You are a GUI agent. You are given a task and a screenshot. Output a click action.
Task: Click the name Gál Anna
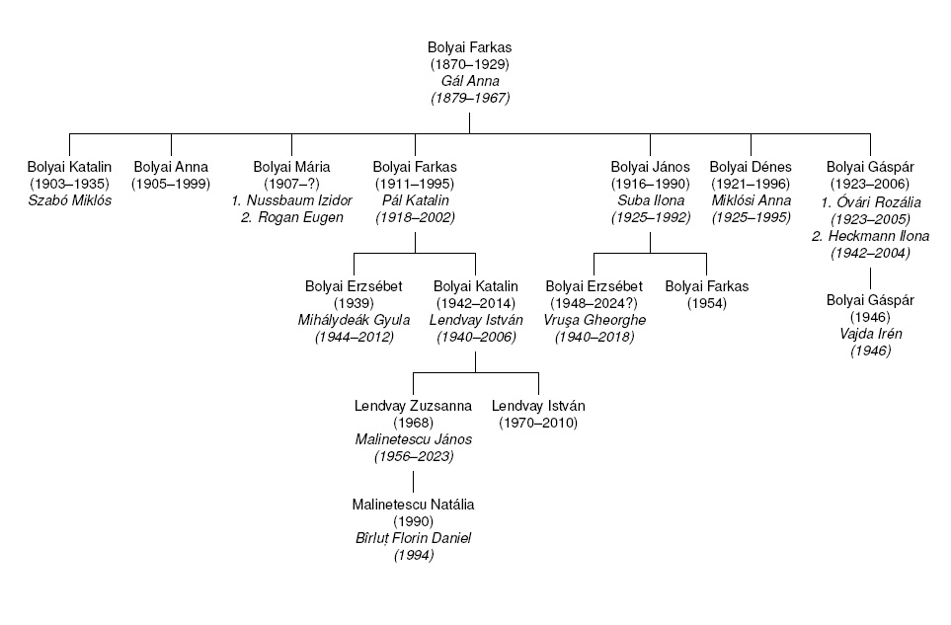(x=470, y=81)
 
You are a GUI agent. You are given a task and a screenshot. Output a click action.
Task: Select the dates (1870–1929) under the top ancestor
(x=470, y=64)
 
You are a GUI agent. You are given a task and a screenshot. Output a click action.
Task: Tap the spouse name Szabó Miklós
(x=70, y=201)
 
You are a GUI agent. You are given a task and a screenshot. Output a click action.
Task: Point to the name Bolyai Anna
(x=171, y=167)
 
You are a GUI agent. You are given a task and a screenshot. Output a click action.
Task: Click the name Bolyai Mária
(x=291, y=167)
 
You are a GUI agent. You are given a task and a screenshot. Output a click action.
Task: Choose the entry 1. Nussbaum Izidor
(x=291, y=201)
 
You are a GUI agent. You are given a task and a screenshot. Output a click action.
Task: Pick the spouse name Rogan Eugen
(x=291, y=218)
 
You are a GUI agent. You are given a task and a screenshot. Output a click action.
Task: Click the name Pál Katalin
(x=416, y=201)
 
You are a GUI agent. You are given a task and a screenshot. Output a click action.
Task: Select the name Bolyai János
(x=649, y=167)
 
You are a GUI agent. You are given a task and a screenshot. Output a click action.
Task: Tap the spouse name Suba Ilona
(x=649, y=201)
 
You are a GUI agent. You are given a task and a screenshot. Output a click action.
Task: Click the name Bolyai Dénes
(x=751, y=167)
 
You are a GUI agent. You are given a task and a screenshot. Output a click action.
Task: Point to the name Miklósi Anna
(x=751, y=201)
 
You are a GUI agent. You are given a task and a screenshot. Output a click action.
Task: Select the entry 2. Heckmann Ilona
(x=870, y=236)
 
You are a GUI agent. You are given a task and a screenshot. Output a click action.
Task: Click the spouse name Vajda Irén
(x=870, y=334)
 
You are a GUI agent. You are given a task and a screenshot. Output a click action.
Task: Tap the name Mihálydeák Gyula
(x=354, y=320)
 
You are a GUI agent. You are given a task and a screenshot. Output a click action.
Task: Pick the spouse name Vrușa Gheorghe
(x=594, y=320)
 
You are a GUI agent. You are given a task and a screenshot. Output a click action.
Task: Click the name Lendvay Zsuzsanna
(x=413, y=406)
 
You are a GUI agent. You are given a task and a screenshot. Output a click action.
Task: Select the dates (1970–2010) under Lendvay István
(x=538, y=423)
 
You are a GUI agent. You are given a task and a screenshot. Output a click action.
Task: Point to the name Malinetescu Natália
(x=413, y=505)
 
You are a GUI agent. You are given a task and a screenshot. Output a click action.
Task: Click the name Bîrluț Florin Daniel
(x=413, y=539)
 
